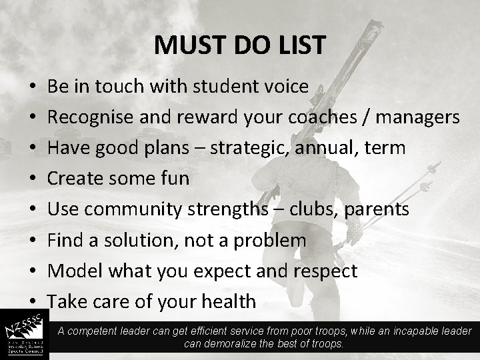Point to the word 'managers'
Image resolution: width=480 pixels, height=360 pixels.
click(x=419, y=117)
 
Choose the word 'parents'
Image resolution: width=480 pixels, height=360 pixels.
click(x=377, y=209)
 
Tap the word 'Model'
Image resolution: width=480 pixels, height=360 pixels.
click(x=72, y=271)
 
